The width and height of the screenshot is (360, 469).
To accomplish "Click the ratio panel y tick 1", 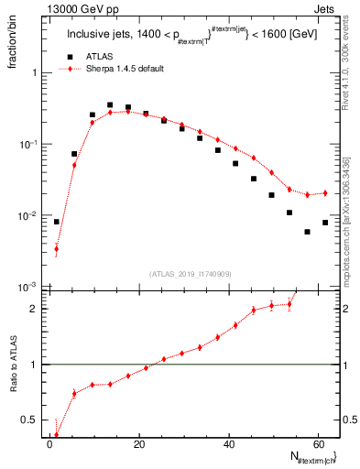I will pos(35,365).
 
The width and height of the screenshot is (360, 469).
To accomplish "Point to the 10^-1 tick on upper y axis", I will pos(27,145).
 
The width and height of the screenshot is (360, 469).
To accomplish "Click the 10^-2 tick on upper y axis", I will pos(27,216).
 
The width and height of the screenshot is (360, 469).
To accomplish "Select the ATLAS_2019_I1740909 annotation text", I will pos(190,274).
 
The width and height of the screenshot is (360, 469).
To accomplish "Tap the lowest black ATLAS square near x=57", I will pos(307,232).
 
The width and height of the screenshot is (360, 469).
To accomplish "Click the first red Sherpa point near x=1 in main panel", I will pos(56,248).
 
